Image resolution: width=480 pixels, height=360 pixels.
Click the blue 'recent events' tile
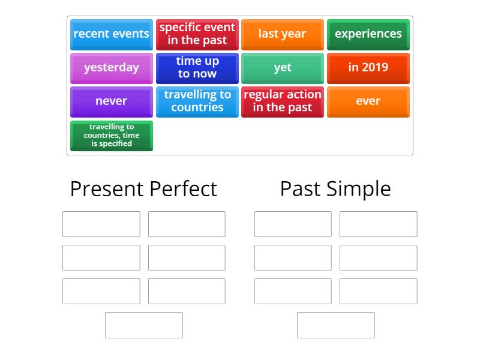click(112, 34)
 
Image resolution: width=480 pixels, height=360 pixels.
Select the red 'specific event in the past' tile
click(197, 34)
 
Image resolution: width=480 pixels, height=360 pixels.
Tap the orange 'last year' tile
click(283, 34)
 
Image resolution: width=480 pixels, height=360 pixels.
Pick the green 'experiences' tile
click(368, 34)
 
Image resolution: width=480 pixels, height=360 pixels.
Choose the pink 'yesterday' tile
click(112, 68)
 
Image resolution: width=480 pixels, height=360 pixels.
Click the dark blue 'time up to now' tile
click(197, 68)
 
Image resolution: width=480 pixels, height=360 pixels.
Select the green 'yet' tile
click(283, 68)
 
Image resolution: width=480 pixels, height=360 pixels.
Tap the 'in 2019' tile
click(368, 68)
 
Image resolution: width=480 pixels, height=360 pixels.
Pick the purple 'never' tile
click(112, 101)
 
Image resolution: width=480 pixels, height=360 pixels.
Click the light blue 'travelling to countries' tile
click(197, 101)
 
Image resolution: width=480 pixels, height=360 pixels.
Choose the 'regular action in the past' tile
click(283, 101)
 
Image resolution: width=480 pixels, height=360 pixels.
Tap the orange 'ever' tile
click(368, 101)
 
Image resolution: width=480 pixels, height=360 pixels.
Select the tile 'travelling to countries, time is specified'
click(112, 136)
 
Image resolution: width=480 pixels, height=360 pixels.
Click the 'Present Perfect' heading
click(143, 189)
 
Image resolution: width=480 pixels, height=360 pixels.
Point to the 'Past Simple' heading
click(335, 189)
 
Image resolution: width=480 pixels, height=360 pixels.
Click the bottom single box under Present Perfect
click(144, 325)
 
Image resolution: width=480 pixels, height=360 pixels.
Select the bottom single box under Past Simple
click(336, 325)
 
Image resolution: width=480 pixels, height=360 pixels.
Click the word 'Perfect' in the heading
click(181, 189)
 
